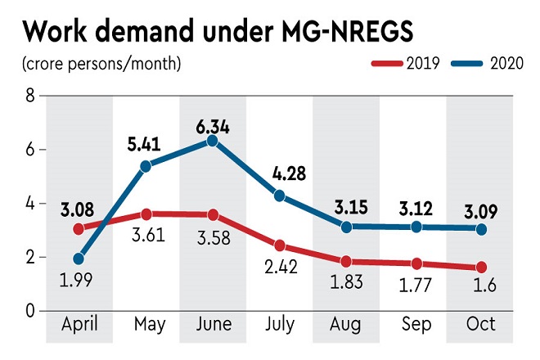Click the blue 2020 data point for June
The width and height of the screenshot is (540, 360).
pos(212,141)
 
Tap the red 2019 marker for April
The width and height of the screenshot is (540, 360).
pos(79,229)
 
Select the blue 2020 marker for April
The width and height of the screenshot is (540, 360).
pos(79,259)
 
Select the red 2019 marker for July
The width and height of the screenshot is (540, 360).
pos(280,245)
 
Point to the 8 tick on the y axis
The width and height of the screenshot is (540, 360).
pos(30,97)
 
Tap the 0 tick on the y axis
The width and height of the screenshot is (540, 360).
pos(30,311)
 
